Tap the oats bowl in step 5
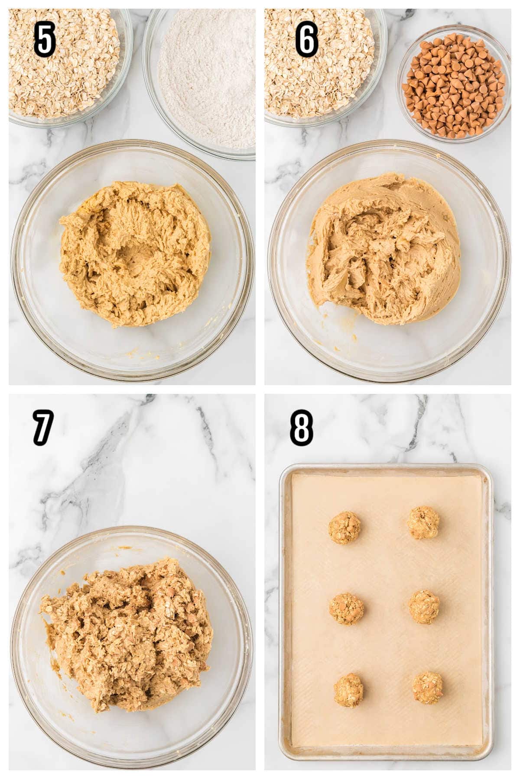click(65, 61)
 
